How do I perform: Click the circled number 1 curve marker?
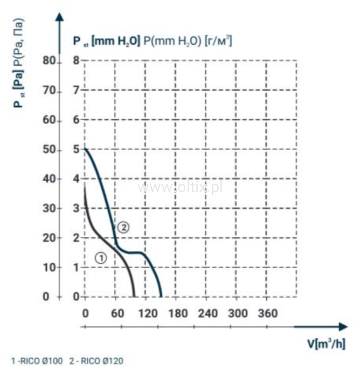tap(101, 258)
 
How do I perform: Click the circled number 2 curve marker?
tap(123, 227)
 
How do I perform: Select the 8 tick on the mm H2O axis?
tap(76, 61)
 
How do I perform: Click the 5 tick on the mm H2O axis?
tap(76, 149)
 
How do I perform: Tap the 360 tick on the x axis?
tap(268, 313)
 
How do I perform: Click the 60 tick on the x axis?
tap(115, 313)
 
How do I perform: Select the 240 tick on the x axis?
tap(207, 313)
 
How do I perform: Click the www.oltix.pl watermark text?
tap(180, 187)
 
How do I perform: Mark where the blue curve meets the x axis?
tap(161, 296)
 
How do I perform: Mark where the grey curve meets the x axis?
tap(135, 296)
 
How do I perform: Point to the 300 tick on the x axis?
tap(238, 313)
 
